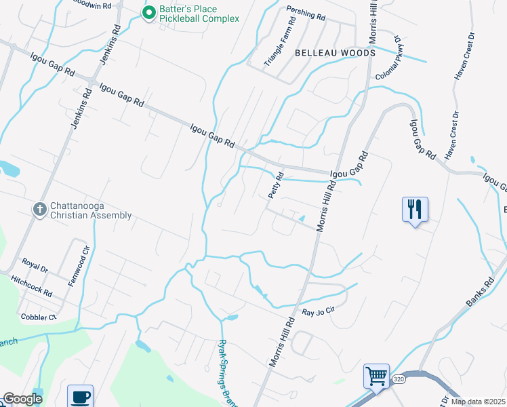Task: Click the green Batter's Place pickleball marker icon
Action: (148, 12)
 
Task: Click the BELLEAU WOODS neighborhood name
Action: (334, 52)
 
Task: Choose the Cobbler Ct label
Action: (38, 317)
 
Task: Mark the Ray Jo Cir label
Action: (319, 312)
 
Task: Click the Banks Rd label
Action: (479, 291)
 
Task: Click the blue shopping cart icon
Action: (376, 376)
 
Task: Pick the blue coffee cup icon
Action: (81, 396)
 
